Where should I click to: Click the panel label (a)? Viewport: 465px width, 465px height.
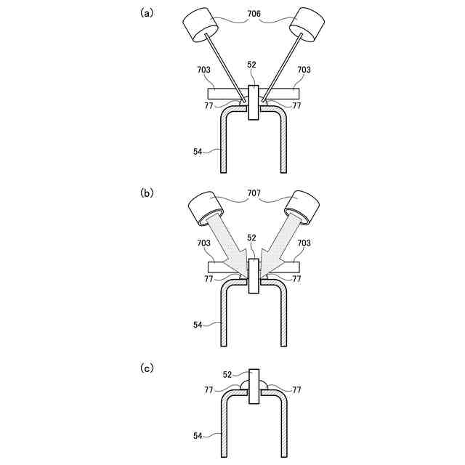[146, 13]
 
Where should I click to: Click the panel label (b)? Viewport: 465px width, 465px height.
[146, 193]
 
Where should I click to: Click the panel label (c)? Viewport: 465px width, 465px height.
[146, 369]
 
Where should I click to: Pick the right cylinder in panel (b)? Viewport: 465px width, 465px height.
[301, 206]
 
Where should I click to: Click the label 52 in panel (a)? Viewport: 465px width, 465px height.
[251, 65]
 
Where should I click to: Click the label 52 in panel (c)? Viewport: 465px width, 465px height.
[228, 374]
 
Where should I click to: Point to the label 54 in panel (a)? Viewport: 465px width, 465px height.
[198, 151]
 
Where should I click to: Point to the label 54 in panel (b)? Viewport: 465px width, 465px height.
[198, 325]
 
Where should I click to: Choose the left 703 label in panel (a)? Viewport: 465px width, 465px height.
[203, 70]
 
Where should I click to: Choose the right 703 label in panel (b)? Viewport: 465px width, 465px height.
[304, 243]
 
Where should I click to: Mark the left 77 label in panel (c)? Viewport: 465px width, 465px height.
[209, 389]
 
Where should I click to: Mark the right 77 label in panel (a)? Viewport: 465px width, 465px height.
[296, 105]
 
